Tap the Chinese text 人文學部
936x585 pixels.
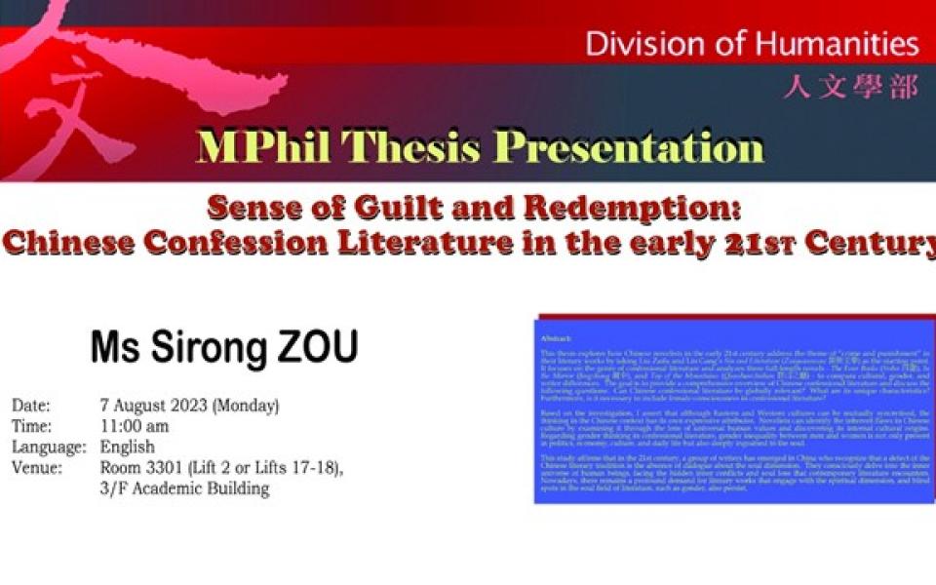pyautogui.click(x=850, y=88)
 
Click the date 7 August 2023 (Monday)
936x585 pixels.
pyautogui.click(x=189, y=406)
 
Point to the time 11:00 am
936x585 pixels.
pyautogui.click(x=135, y=426)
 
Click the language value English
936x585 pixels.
pyautogui.click(x=127, y=448)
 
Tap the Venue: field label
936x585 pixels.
pyautogui.click(x=37, y=469)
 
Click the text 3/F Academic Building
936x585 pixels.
pyautogui.click(x=184, y=489)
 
